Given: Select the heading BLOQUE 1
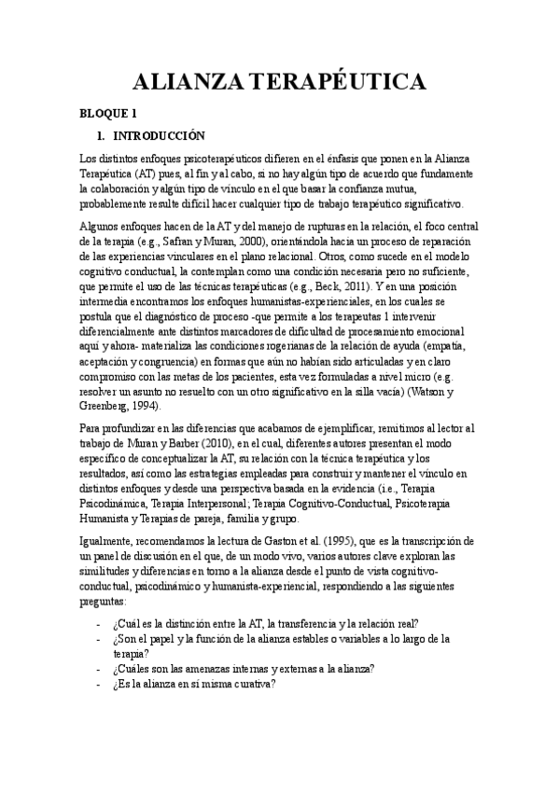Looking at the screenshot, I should [108, 114].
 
